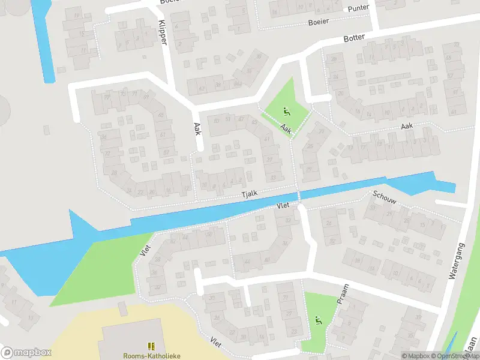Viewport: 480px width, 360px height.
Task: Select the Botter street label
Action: [x=354, y=37]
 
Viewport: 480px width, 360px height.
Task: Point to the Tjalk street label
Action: [x=248, y=194]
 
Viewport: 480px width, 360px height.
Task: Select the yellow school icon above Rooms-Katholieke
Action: [x=151, y=346]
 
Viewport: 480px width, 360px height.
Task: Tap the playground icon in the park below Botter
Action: [x=286, y=111]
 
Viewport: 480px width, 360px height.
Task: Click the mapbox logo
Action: [x=26, y=352]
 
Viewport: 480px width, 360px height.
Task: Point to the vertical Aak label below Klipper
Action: [x=197, y=129]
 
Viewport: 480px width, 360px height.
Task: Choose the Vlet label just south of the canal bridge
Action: [x=283, y=205]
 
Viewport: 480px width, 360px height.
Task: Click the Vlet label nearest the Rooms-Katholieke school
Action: [x=215, y=341]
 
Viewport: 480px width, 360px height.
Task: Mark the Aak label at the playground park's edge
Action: [x=286, y=128]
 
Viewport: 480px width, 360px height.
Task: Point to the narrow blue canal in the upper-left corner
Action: [x=43, y=42]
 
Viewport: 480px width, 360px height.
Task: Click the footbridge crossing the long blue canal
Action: [x=299, y=197]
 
